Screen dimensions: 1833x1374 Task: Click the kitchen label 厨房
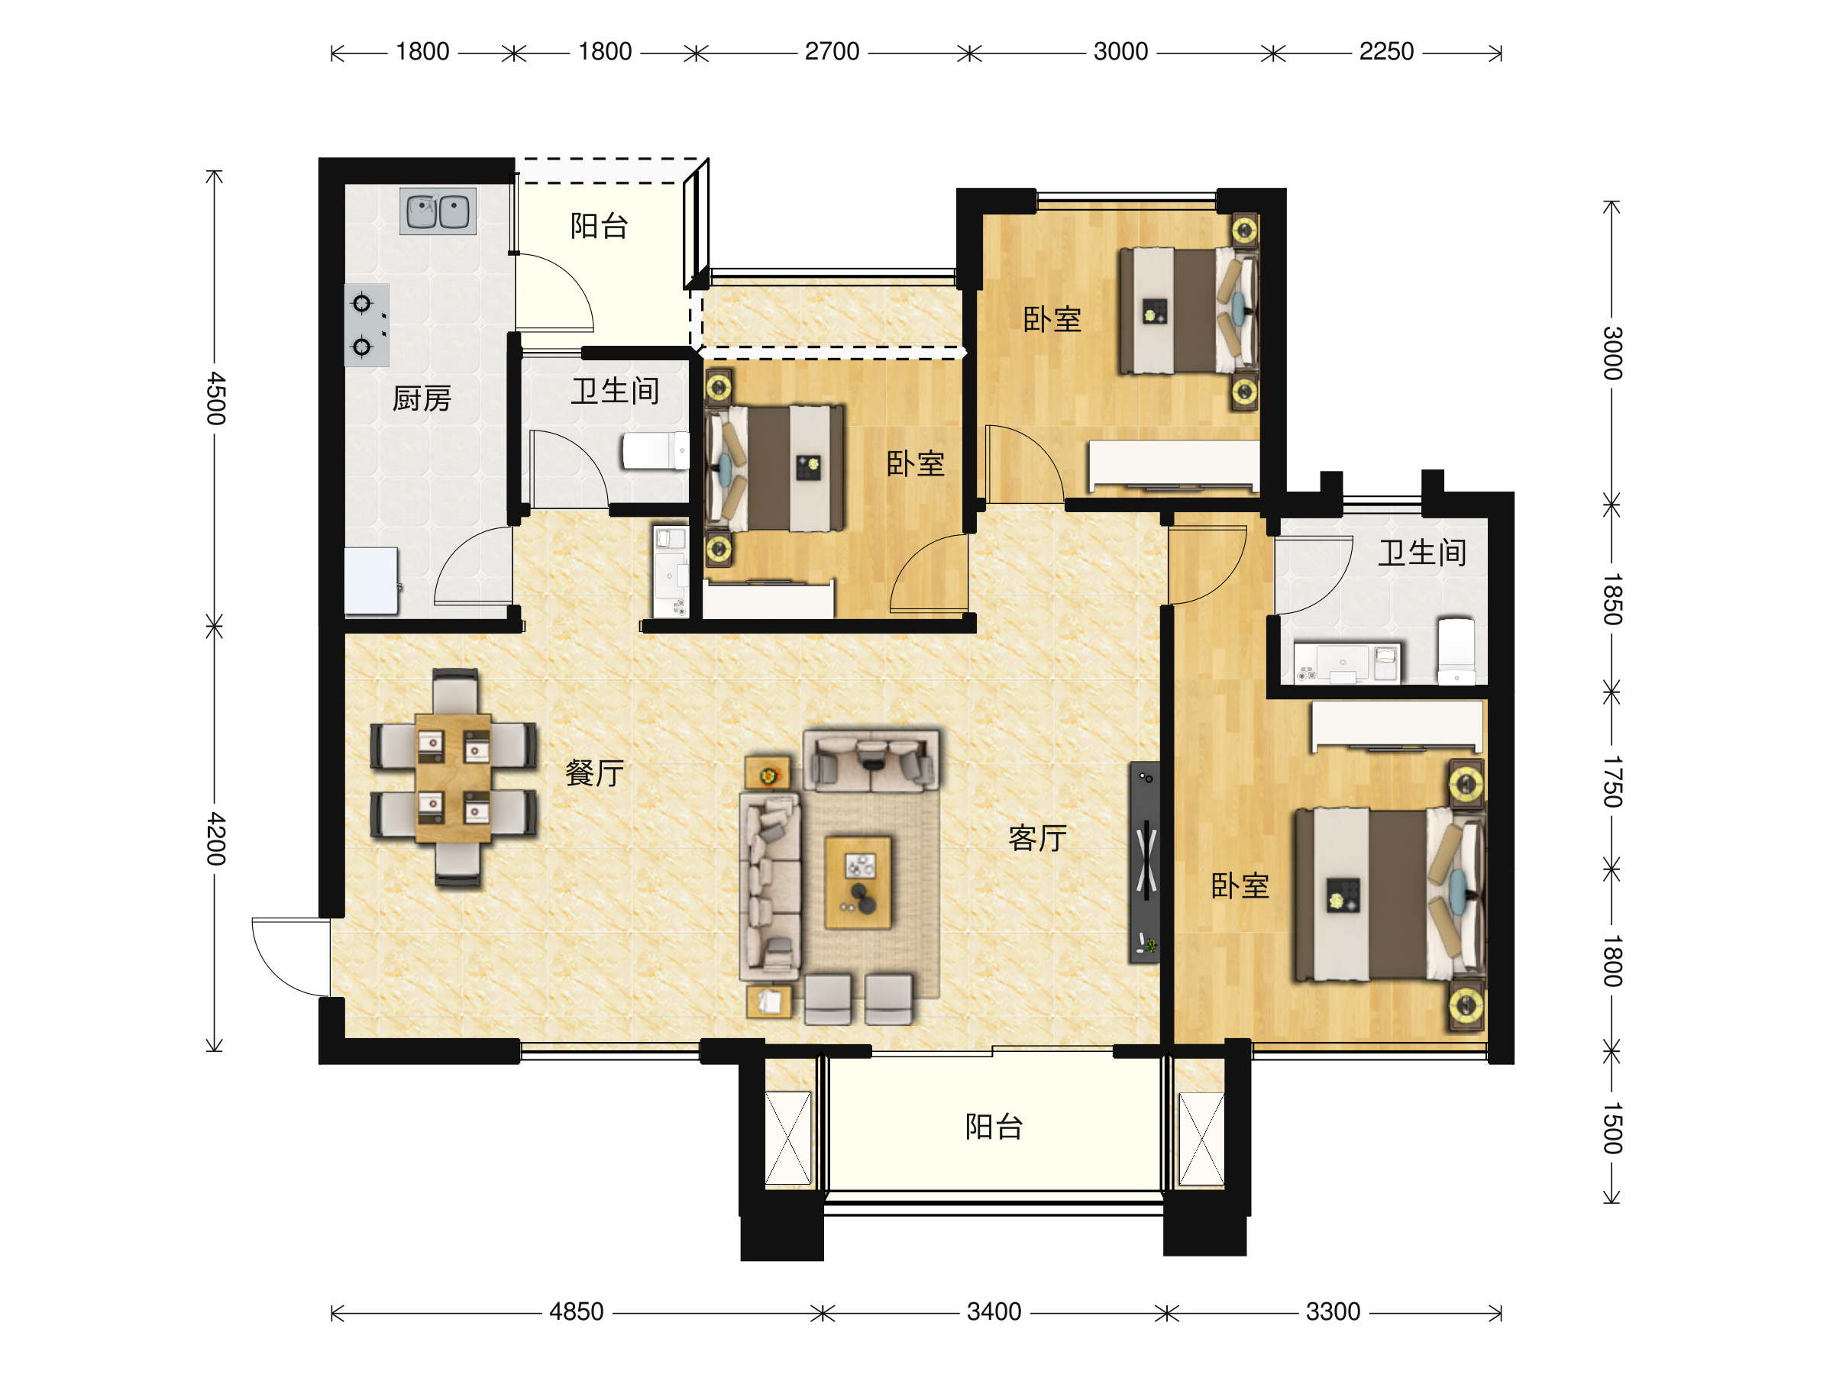(422, 399)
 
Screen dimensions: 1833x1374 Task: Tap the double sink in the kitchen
(438, 211)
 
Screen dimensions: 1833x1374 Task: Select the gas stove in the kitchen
(367, 324)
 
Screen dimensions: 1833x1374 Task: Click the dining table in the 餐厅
(452, 779)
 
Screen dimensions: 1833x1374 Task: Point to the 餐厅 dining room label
(595, 773)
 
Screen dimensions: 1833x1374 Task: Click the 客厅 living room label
(1037, 838)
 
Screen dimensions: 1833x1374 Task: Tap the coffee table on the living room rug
(858, 882)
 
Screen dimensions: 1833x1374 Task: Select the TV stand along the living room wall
(1144, 861)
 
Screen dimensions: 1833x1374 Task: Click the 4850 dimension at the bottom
(577, 1312)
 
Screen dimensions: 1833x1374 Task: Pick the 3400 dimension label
(994, 1312)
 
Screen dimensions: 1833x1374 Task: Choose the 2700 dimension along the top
(832, 51)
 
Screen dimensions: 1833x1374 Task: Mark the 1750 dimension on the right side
(1612, 781)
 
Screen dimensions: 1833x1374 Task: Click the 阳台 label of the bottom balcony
(994, 1127)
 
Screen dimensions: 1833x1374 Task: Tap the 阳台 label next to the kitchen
(599, 225)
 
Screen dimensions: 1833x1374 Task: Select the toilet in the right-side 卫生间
(1456, 651)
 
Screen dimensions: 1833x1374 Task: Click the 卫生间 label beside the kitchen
(615, 391)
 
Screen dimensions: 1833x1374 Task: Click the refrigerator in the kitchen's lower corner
(371, 581)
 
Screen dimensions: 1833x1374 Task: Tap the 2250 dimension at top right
(1386, 51)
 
